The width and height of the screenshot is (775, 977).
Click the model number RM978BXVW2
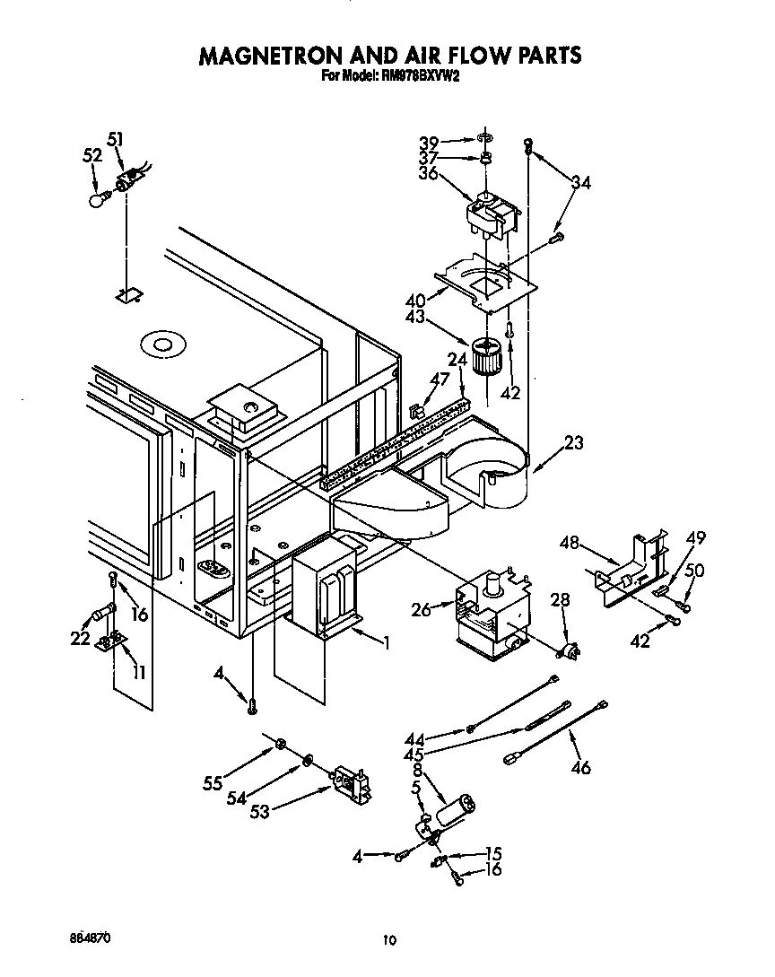tap(422, 77)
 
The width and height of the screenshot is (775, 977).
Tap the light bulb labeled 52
tap(99, 199)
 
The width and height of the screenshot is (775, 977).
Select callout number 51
tap(115, 138)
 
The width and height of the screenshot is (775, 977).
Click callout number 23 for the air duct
tap(573, 441)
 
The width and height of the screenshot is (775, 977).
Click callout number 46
tap(581, 767)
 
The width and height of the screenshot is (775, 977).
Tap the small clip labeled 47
tap(416, 412)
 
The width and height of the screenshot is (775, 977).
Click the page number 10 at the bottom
tap(388, 939)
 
